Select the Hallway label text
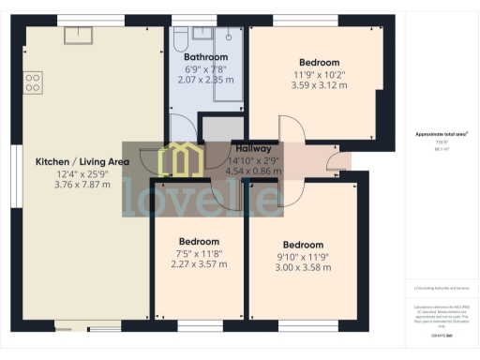[x=253, y=149]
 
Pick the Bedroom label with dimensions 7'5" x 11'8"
[x=199, y=241]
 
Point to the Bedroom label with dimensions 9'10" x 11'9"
[x=303, y=246]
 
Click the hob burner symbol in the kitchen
[x=34, y=82]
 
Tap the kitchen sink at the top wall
[x=76, y=36]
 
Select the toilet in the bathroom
[x=178, y=37]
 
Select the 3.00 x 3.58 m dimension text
[x=303, y=268]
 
